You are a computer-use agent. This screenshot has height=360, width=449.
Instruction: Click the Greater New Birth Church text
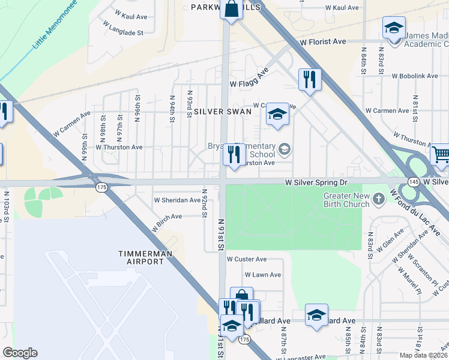point(345,199)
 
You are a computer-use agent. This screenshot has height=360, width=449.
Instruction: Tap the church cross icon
point(378,198)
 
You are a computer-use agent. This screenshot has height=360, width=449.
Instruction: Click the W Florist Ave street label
point(324,42)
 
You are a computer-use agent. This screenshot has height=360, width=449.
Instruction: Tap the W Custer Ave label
point(247,259)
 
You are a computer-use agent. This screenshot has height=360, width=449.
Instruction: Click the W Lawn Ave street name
point(262,275)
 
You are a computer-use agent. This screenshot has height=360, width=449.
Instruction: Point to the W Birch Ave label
point(168,217)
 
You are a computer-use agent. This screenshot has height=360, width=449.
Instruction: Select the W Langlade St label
point(122,29)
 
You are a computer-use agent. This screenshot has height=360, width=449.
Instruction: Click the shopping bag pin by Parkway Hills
point(231,10)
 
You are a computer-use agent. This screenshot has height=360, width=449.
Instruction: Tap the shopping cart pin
point(440,155)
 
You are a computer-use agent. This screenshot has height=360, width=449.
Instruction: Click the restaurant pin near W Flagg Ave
point(310,79)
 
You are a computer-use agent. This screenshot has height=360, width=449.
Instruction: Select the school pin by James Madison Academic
point(394,28)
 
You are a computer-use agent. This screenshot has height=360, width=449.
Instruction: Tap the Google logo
point(20,353)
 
